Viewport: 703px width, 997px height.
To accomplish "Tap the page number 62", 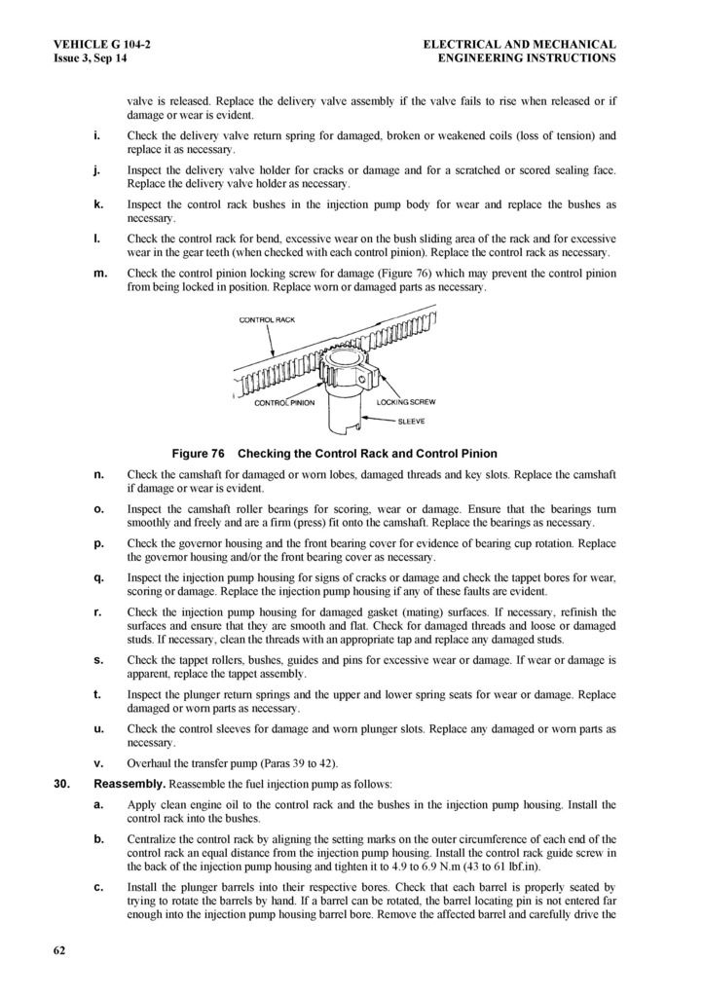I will [x=60, y=951].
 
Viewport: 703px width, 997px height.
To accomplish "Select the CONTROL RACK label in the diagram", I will [x=267, y=319].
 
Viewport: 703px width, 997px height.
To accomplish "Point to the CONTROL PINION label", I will [x=284, y=402].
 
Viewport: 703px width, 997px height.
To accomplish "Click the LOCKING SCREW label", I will [x=405, y=402].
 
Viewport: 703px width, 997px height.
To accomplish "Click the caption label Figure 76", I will [x=198, y=454].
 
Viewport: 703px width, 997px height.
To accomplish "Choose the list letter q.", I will [x=98, y=577].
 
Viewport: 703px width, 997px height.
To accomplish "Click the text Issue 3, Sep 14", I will [x=91, y=58].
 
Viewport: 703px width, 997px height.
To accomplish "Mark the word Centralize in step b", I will [x=154, y=839].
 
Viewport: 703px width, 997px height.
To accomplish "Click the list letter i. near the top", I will [x=98, y=135].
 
